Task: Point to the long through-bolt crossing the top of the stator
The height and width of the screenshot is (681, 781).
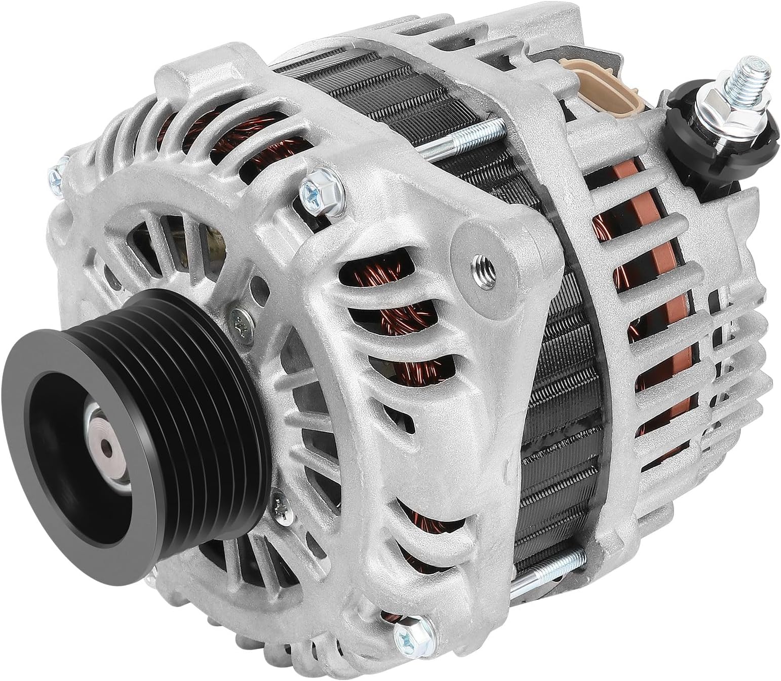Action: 456,142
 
